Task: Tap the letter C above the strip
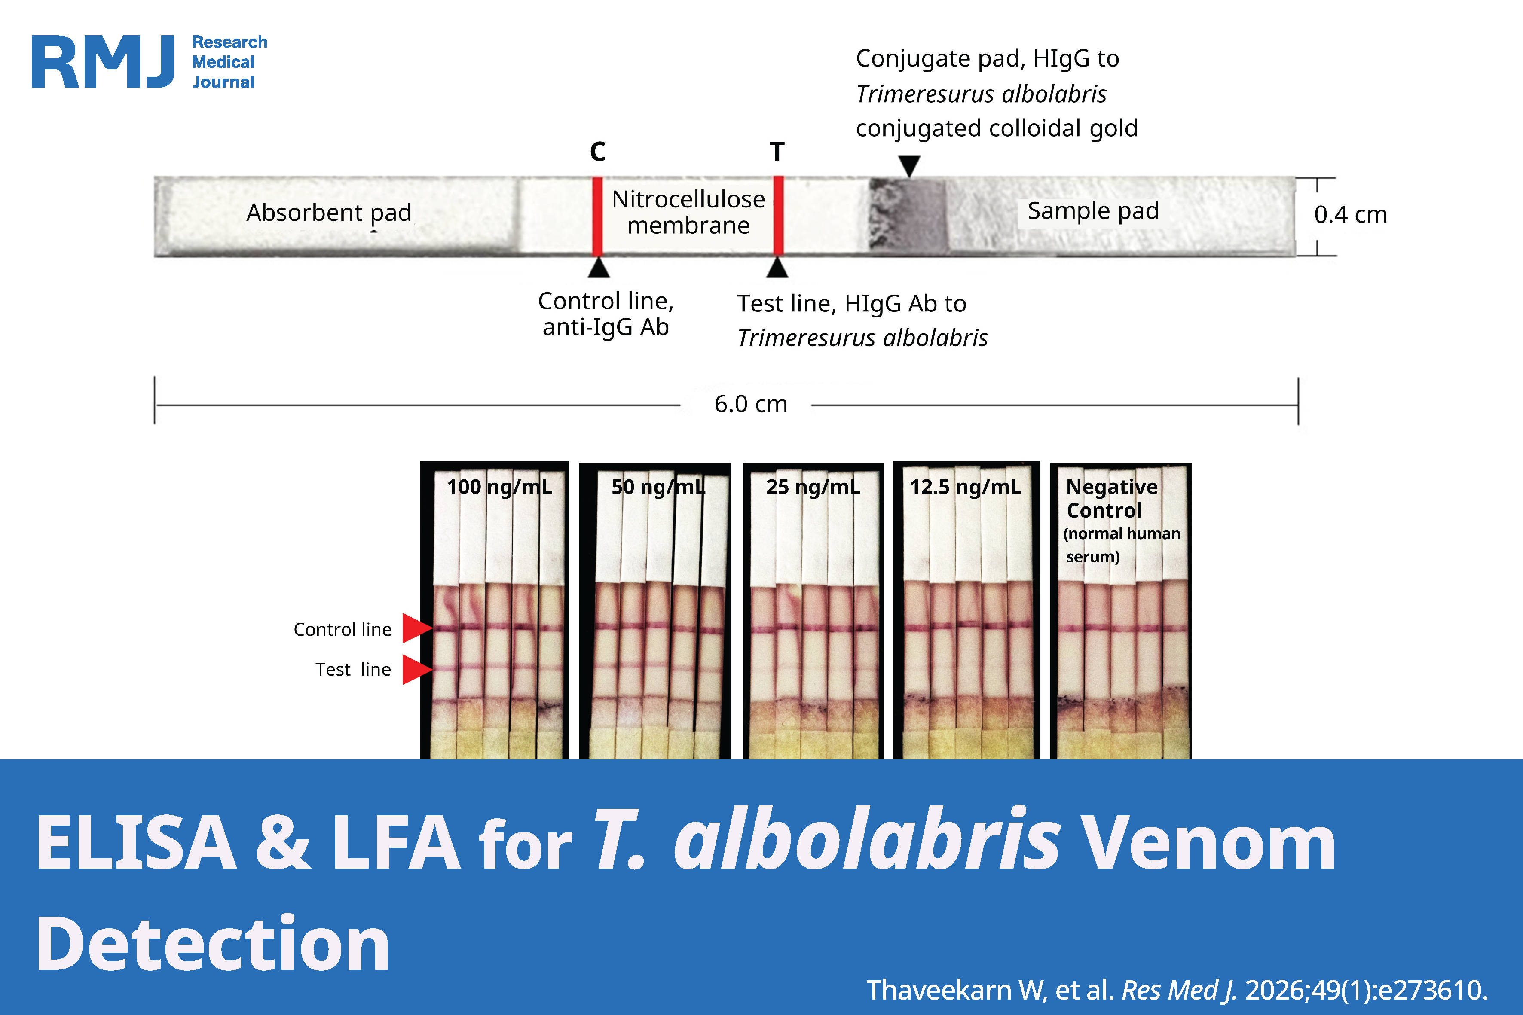598,152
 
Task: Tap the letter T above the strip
777,152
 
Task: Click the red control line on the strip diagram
598,216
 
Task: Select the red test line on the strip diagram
778,216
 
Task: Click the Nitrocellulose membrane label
688,212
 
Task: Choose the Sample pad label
1093,211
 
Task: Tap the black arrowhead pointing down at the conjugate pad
910,165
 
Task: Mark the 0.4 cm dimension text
1351,215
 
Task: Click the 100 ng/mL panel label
499,487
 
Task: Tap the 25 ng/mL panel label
813,487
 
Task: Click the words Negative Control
1112,498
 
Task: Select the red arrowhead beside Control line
416,628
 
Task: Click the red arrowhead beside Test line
416,669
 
